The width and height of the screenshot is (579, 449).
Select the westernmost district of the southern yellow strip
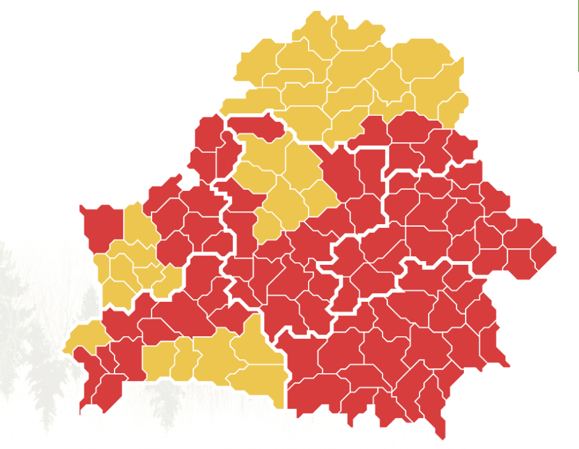[157, 361]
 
